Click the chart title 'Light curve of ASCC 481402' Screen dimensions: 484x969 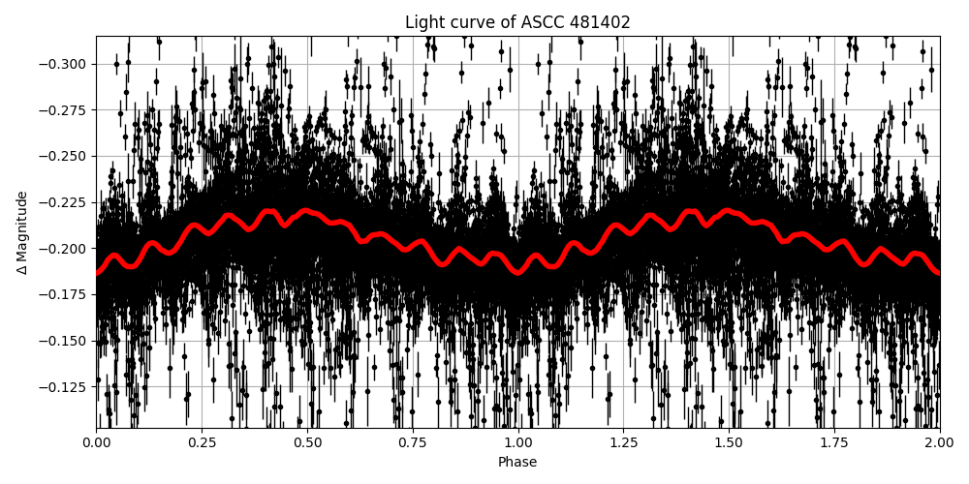(x=517, y=22)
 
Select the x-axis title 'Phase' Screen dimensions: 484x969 (x=517, y=463)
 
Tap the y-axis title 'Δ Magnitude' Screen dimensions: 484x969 (x=22, y=232)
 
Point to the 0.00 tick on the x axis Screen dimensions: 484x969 (x=96, y=442)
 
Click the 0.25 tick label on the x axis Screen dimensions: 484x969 (x=202, y=442)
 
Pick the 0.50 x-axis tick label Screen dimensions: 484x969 (x=307, y=442)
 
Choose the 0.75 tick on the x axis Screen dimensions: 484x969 (x=413, y=442)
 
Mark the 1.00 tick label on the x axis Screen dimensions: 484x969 (x=518, y=442)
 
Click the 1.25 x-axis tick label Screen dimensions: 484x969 (x=623, y=442)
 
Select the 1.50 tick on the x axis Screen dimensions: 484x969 (x=729, y=442)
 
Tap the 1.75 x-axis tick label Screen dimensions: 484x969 (x=834, y=442)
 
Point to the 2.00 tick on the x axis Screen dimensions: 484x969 (x=940, y=442)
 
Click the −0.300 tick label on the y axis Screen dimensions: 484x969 (x=63, y=64)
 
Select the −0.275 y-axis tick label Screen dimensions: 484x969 (x=63, y=110)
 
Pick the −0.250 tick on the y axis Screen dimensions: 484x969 (x=63, y=156)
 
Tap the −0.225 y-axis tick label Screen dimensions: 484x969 (x=63, y=202)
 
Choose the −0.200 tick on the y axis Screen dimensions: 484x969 (x=63, y=249)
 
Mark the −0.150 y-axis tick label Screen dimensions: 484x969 (x=63, y=341)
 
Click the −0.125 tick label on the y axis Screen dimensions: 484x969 (x=63, y=387)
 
